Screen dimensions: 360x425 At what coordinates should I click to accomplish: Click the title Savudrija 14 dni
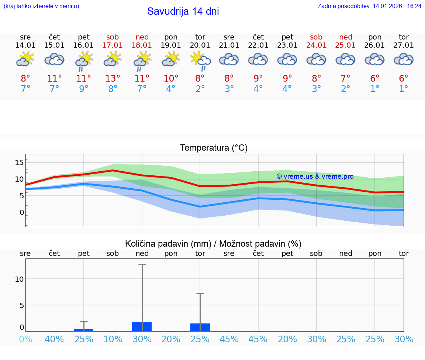point(183,11)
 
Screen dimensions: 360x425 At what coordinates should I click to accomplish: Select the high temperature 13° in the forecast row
point(113,79)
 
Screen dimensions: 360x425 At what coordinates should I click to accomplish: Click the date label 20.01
point(200,45)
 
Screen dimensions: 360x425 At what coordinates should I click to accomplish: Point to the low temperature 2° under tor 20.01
point(200,89)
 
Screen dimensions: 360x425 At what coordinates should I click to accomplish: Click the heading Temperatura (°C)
point(214,148)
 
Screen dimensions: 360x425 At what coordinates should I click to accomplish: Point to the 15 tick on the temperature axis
point(20,162)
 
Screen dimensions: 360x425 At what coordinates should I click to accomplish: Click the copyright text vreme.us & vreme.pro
point(315,176)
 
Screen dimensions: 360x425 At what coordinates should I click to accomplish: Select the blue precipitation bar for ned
point(142,327)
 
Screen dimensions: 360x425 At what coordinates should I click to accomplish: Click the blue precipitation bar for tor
point(200,327)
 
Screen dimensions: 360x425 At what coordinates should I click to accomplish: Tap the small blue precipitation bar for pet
point(84,330)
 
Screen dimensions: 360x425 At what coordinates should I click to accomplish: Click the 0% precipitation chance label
point(25,339)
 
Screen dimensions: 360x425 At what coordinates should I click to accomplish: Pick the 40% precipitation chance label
point(54,339)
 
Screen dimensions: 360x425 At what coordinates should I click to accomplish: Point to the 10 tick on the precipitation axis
point(19,279)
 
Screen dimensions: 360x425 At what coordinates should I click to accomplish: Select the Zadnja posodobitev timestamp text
point(369,6)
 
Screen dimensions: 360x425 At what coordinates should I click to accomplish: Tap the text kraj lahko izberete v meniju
point(41,6)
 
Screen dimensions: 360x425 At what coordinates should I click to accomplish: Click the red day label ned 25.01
point(345,41)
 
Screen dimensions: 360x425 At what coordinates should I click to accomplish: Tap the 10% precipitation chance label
point(113,339)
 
